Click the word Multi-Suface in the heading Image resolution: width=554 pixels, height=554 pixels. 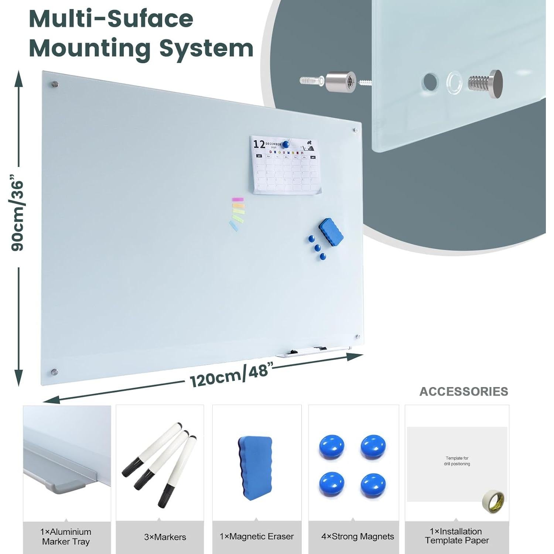coord(111,19)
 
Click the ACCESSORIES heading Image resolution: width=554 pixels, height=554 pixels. coord(464,391)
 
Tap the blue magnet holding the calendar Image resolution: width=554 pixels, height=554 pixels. coord(285,144)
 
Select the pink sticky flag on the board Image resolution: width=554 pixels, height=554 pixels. coord(237,199)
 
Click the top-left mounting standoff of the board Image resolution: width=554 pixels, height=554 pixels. coord(55,85)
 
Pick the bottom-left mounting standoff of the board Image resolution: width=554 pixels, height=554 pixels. coord(54,372)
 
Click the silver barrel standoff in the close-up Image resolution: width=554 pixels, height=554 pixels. coord(340,82)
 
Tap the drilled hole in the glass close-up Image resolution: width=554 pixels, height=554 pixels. coord(430,82)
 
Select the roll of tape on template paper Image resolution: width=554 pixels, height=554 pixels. coord(494,501)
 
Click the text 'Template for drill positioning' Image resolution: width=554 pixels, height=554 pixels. coord(457,461)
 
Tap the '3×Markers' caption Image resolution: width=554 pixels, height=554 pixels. coord(165,537)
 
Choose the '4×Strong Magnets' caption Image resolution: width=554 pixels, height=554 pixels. coord(357,537)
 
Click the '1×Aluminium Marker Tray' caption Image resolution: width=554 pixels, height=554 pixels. coord(66,537)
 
